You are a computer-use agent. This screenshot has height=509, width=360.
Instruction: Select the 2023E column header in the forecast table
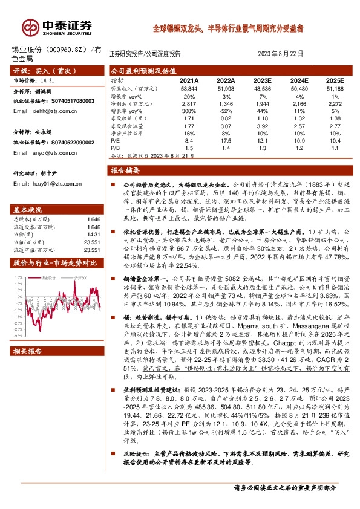[x=261, y=80]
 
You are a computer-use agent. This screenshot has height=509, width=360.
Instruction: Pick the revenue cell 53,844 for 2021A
[x=189, y=88]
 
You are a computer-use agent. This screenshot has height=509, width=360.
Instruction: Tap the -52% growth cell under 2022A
[x=226, y=112]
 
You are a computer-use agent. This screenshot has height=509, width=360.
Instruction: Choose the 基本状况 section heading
[x=28, y=209]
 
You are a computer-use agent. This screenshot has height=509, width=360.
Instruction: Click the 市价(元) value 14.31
[x=93, y=233]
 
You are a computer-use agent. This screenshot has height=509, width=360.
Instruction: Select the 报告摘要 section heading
[x=129, y=171]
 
